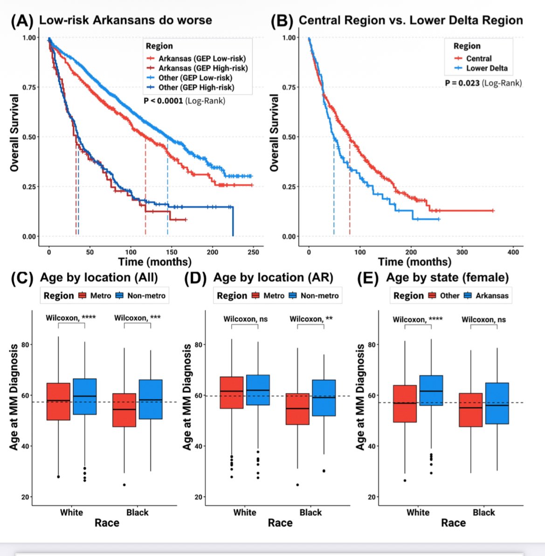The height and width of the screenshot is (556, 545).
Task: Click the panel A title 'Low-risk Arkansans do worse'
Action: click(125, 20)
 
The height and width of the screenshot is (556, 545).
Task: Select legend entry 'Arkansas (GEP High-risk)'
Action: click(203, 68)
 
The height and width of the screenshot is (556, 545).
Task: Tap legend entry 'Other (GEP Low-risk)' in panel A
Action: click(195, 78)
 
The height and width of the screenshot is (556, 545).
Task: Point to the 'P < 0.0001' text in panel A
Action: click(163, 100)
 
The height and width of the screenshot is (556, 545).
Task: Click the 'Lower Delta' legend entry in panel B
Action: click(487, 68)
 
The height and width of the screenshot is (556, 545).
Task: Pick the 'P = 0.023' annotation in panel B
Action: click(462, 83)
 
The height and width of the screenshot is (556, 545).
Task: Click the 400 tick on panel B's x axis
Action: click(513, 252)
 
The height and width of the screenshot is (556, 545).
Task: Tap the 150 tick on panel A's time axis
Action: click(172, 252)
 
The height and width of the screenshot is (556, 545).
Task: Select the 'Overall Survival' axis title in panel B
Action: click(274, 133)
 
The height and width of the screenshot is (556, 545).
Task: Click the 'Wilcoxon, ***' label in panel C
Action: click(138, 318)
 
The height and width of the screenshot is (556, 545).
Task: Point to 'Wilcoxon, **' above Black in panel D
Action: click(311, 319)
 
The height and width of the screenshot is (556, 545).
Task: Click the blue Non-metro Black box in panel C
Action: click(150, 399)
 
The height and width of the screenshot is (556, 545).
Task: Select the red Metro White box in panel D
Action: click(231, 393)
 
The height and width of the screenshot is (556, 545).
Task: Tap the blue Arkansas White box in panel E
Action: click(431, 390)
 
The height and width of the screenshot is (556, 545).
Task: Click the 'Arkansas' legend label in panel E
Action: click(492, 296)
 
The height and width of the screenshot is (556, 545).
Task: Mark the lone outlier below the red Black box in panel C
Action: click(124, 485)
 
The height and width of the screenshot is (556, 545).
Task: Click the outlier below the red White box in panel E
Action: click(405, 480)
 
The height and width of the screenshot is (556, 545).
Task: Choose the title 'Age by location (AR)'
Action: click(273, 278)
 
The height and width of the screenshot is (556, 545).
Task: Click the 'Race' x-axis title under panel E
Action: click(453, 523)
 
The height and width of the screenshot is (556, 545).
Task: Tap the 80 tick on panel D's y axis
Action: click(199, 345)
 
